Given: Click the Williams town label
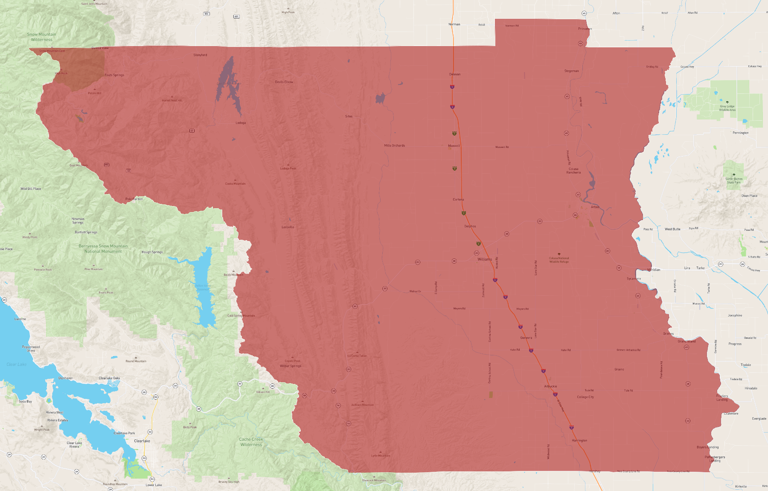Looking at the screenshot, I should tap(485, 259).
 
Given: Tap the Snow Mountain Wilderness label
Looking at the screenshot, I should tap(41, 37).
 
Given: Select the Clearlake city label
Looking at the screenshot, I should tap(142, 441).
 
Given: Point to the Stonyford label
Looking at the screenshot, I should tap(200, 55).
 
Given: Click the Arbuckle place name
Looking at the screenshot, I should tap(550, 386).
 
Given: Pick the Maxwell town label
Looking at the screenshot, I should tap(454, 146).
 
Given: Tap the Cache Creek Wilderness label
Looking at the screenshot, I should tap(251, 442).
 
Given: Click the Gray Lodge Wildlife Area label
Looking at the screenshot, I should tap(727, 108).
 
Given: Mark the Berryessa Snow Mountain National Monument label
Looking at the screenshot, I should tap(103, 249).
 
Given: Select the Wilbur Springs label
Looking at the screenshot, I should tap(291, 366).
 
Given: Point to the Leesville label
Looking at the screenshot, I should tap(288, 227).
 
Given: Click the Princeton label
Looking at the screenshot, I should tap(585, 29).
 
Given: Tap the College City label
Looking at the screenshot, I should tap(585, 397).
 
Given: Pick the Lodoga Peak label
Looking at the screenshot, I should tap(288, 169).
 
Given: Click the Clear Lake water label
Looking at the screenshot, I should tap(17, 364).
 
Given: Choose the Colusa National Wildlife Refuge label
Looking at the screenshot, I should tap(559, 260).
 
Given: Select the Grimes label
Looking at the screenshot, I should tap(669, 334).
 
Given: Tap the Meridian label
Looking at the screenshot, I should tap(654, 270).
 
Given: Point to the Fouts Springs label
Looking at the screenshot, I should tap(114, 75).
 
